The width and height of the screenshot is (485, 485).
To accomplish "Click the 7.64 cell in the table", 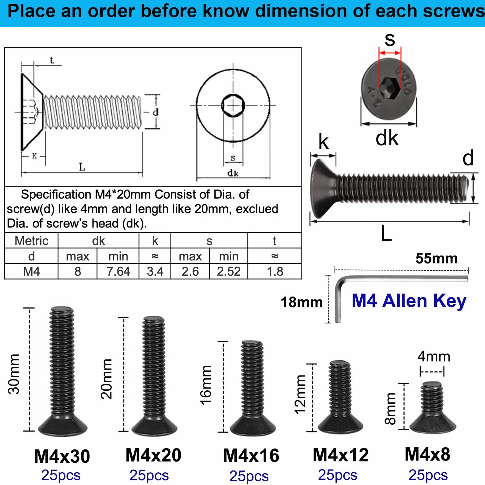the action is pyautogui.click(x=118, y=271).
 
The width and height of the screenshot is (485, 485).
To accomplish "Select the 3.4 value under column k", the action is pyautogui.click(x=155, y=271).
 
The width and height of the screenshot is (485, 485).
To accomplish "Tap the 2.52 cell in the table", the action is pyautogui.click(x=229, y=271).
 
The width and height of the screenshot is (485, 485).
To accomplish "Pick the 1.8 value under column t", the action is pyautogui.click(x=275, y=271).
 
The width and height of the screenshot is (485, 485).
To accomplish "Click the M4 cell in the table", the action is pyautogui.click(x=32, y=271).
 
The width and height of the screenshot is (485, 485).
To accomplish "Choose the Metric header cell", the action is pyautogui.click(x=32, y=241).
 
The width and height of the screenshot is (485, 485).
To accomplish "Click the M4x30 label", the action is pyautogui.click(x=62, y=456).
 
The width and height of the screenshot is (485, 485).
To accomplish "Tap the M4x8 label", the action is pyautogui.click(x=427, y=454).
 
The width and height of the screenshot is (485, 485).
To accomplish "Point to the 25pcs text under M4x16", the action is pyautogui.click(x=249, y=476).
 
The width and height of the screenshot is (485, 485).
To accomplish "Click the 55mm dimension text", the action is pyautogui.click(x=436, y=258).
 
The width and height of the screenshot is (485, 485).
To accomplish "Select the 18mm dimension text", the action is pyautogui.click(x=302, y=302).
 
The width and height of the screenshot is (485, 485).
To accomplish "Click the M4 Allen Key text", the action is pyautogui.click(x=409, y=301).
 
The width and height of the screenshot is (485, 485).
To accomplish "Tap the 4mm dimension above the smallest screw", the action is pyautogui.click(x=434, y=356).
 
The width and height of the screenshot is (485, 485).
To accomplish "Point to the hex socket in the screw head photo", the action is pyautogui.click(x=390, y=88).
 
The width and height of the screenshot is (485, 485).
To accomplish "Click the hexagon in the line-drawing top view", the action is pyautogui.click(x=233, y=105).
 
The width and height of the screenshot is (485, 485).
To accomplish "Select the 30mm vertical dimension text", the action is pyautogui.click(x=14, y=374).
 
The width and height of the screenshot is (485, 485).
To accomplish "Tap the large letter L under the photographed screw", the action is pyautogui.click(x=386, y=233).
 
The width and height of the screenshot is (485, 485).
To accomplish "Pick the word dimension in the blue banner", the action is pyautogui.click(x=301, y=11).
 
